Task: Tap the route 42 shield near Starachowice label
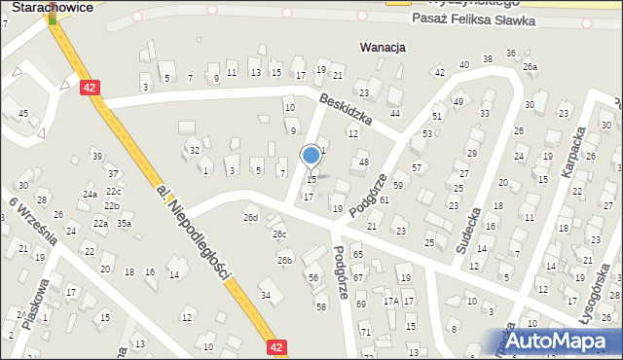point(90,87)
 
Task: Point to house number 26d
point(251,216)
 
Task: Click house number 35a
point(125,223)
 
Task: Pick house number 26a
point(530,66)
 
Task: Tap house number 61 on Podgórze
point(385,199)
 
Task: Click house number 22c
point(113,191)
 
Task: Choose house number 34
point(265,295)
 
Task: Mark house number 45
point(22,114)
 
